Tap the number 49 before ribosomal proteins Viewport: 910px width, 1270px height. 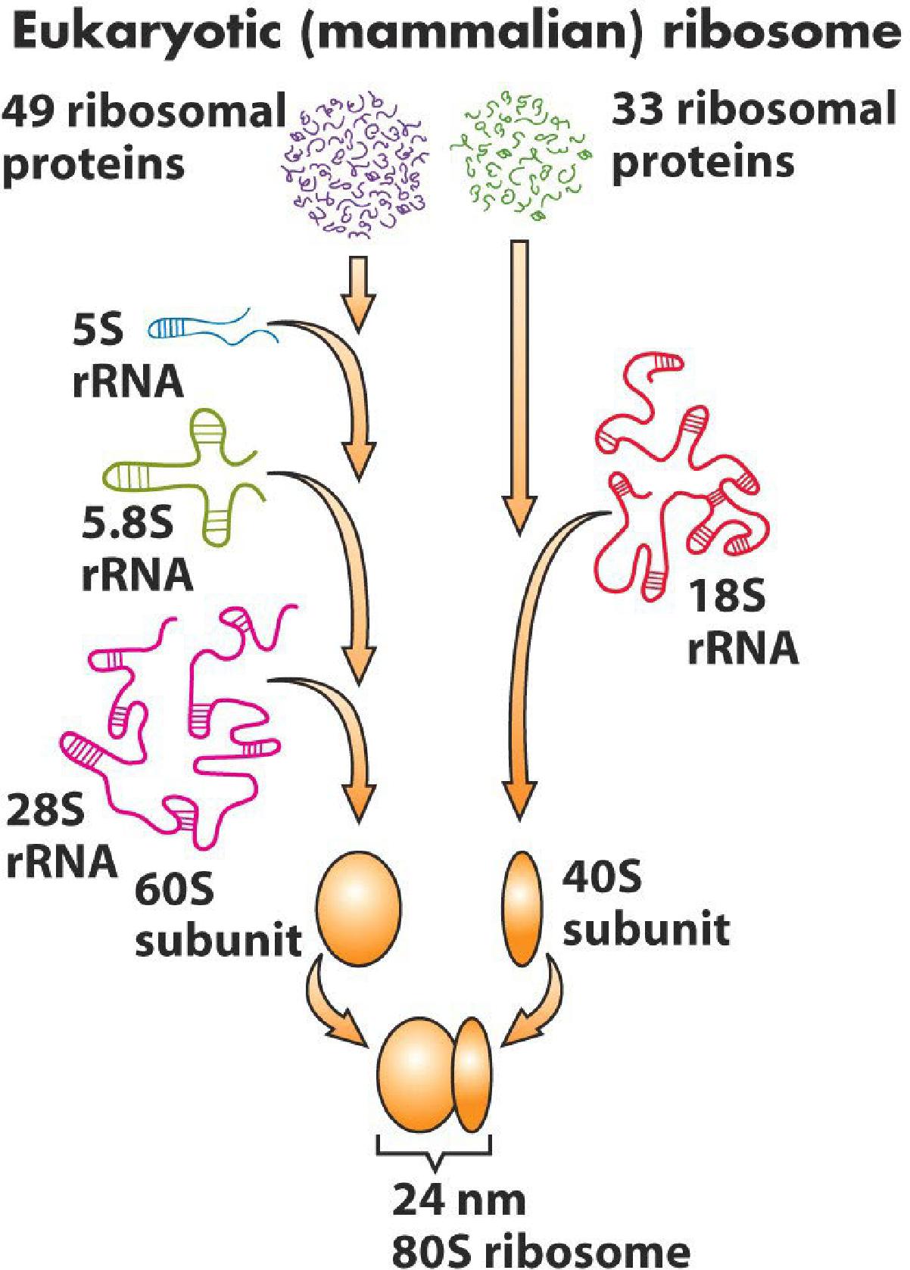[x=30, y=113]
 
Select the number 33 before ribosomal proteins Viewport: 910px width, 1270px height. [x=640, y=111]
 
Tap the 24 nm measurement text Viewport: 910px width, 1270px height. [x=459, y=1200]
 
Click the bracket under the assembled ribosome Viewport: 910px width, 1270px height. [x=434, y=1151]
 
